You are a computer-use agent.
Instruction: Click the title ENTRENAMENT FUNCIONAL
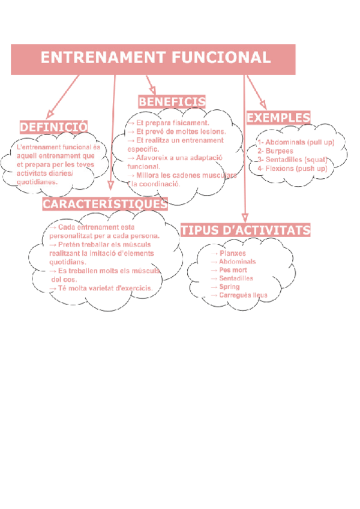[155, 58]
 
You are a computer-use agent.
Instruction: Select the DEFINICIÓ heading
[53, 127]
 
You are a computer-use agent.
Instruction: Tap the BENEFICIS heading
[172, 101]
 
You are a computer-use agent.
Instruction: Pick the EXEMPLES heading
[278, 117]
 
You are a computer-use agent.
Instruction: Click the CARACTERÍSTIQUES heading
[105, 204]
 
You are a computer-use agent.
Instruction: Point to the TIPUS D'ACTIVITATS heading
[245, 230]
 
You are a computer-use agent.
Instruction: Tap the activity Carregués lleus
[242, 295]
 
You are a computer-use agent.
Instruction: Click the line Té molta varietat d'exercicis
[102, 289]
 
